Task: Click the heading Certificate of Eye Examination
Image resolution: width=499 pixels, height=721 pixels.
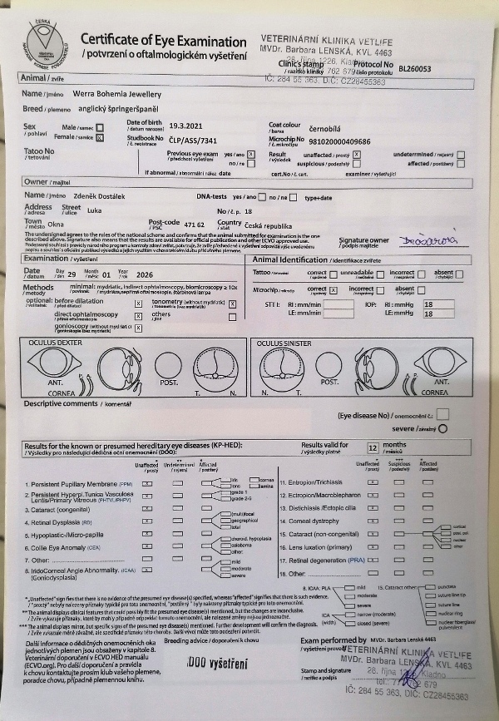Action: [163, 42]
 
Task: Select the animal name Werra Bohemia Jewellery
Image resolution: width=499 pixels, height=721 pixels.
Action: [116, 95]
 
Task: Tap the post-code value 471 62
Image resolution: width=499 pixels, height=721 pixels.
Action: [195, 225]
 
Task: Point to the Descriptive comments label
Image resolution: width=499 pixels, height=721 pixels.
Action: [65, 403]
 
